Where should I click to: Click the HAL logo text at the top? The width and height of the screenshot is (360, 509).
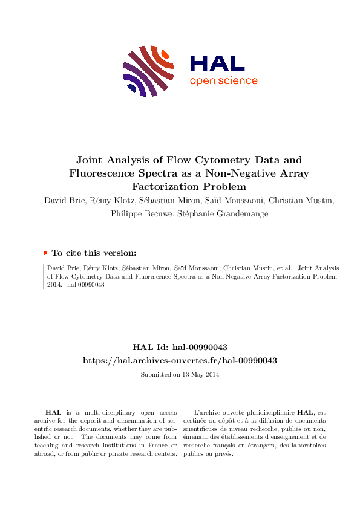coord(217,63)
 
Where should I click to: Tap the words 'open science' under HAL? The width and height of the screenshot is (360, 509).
coord(223,81)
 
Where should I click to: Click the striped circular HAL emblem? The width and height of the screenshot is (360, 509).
coord(149,71)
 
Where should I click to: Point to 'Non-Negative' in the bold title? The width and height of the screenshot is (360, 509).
coord(238,173)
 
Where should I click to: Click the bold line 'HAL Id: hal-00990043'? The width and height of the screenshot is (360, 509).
coord(180,347)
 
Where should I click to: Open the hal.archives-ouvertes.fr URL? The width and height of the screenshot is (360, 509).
coord(180,360)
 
